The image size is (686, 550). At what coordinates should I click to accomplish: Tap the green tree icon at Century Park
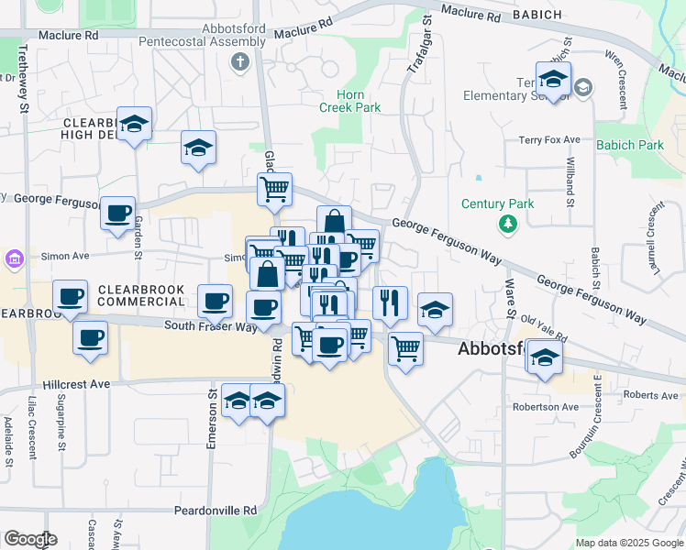point(507,224)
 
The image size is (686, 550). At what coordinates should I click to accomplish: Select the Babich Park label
point(629,145)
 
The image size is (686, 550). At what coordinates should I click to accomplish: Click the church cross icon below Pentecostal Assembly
point(240,62)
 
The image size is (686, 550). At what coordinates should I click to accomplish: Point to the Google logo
point(30,539)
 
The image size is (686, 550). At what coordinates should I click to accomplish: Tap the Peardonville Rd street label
point(225,511)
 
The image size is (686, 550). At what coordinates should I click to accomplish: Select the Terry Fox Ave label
point(549,139)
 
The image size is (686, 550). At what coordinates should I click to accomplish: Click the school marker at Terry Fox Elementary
point(554,81)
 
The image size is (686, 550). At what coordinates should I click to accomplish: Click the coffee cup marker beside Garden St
point(117,214)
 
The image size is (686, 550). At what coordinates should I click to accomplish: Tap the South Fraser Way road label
point(210,325)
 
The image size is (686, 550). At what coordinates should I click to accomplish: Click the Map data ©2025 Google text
point(628,543)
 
